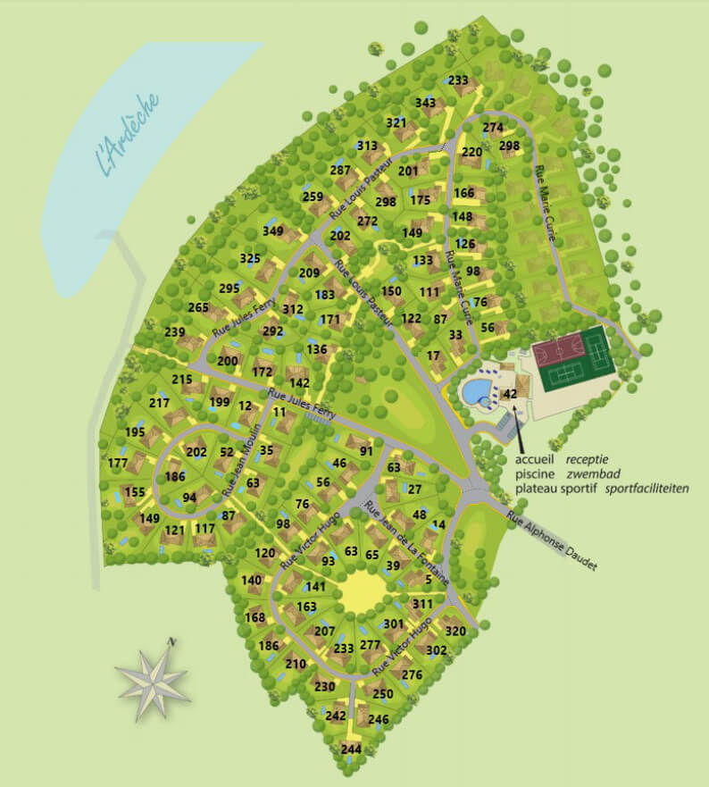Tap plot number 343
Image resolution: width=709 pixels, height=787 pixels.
point(426,104)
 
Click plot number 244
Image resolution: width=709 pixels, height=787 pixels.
point(352,749)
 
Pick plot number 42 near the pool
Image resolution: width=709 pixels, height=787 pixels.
point(511,394)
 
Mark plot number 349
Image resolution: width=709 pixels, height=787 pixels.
point(273,231)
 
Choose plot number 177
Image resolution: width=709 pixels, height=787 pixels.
point(118,463)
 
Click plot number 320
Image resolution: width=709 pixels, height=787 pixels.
point(455,632)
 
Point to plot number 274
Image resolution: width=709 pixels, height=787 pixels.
point(493,128)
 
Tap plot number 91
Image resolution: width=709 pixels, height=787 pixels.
point(366,452)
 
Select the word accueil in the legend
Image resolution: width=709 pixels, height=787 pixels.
point(535,459)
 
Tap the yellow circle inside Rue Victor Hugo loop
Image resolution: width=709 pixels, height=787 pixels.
point(360,591)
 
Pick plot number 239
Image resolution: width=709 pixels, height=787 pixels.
point(175,332)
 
